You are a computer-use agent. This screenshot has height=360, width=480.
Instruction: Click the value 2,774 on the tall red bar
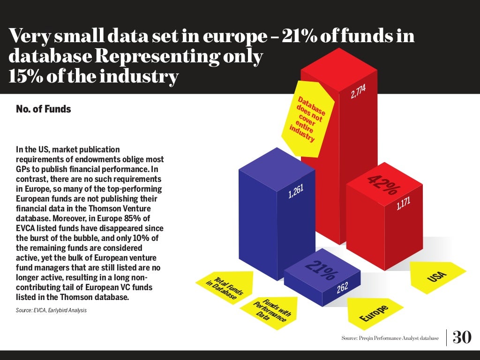coord(358,91)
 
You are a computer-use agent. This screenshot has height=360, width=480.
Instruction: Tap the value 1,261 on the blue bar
coord(296,191)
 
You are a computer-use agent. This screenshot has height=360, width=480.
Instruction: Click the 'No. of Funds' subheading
coord(43,109)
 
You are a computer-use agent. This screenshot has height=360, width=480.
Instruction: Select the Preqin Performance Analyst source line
coord(390,338)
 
